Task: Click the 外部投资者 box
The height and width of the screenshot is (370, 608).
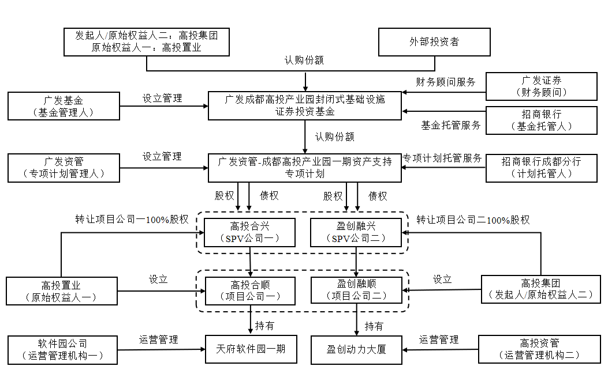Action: coord(434,42)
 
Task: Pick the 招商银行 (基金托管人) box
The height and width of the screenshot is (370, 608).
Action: coord(541,120)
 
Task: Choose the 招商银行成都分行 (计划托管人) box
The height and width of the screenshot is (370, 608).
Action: coord(541,168)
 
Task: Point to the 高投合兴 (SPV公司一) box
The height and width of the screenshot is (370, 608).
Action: coord(250,232)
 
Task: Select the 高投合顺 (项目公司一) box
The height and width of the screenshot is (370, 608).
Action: coord(250,290)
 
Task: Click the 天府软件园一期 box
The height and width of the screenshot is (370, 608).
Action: coord(250,349)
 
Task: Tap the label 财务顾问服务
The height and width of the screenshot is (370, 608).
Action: coord(446,82)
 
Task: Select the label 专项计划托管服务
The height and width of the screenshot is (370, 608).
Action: coord(442,158)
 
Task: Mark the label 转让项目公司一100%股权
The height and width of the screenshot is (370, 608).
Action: coord(132,220)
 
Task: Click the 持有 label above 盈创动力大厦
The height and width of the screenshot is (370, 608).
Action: coord(374,326)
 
